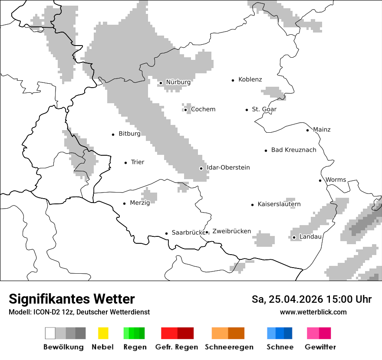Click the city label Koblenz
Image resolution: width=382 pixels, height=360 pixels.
coord(250,80)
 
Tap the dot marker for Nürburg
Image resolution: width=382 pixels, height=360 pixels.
coord(161,83)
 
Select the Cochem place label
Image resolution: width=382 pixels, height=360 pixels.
coord(203,109)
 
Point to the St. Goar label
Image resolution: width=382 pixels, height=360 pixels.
coord(264,109)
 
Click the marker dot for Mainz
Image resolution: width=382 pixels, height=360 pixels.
coord(308,130)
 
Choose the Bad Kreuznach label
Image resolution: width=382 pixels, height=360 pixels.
coord(293,150)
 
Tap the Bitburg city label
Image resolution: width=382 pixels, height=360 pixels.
coord(129,134)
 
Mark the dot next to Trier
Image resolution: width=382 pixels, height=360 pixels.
coord(126,163)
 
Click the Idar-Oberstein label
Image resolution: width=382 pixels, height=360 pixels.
coord(228,168)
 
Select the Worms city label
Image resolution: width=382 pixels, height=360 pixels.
coord(336,180)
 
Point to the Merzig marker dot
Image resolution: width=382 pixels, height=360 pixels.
coord(125,203)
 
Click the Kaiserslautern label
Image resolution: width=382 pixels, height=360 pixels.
coord(279,204)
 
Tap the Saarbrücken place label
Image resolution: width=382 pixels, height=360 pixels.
coord(188,233)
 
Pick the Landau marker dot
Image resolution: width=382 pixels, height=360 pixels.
coord(294,237)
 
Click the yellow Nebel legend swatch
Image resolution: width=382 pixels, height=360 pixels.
coord(103,333)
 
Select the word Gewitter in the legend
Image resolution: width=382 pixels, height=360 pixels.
coord(320,347)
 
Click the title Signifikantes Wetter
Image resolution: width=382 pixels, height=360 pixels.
coord(72,299)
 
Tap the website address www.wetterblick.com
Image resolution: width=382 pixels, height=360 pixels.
coord(313,312)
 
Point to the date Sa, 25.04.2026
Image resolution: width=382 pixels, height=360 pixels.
coord(286,299)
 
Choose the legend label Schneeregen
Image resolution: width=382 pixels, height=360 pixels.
coord(229,347)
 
